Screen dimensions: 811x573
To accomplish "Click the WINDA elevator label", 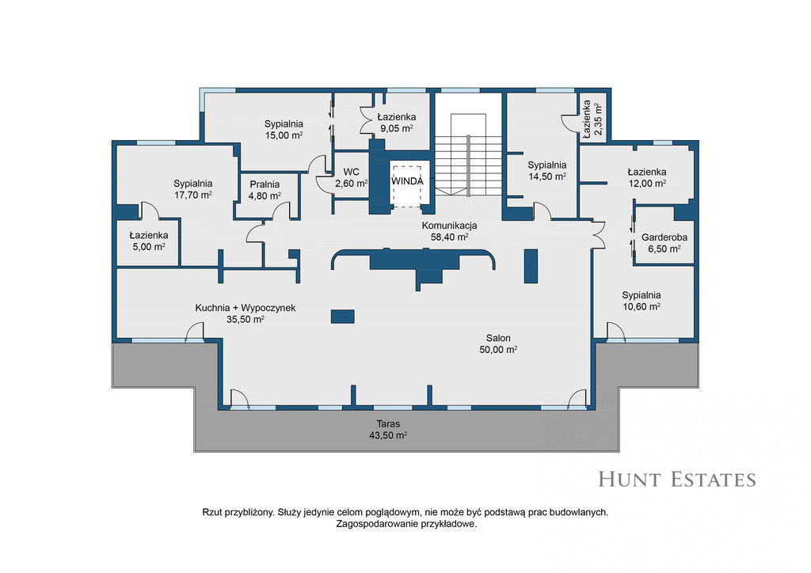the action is pos(407,181).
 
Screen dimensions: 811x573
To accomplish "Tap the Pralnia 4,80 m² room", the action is pos(267,194).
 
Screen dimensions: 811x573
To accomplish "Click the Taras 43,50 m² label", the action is pos(388,430).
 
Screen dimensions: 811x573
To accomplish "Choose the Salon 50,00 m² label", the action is pos(498,343).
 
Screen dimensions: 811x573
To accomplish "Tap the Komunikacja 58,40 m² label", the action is pos(450,231).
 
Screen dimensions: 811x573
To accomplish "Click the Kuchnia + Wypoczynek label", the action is pos(246,308).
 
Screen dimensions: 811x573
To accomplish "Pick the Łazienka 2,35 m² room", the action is pos(592,116).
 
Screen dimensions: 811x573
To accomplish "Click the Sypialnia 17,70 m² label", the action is pos(193,189).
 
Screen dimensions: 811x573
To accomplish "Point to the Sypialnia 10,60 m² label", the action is pos(642,300).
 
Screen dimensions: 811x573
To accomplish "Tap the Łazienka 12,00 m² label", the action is pos(646,177).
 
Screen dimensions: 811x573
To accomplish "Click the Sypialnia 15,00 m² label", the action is pos(284,129).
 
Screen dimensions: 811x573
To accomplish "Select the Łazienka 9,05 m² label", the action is pos(396,123).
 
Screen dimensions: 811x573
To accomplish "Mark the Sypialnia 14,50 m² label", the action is pos(546,170).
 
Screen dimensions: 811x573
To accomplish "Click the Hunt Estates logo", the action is pos(677,480).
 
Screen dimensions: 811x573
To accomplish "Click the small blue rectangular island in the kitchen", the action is pos(342,317).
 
